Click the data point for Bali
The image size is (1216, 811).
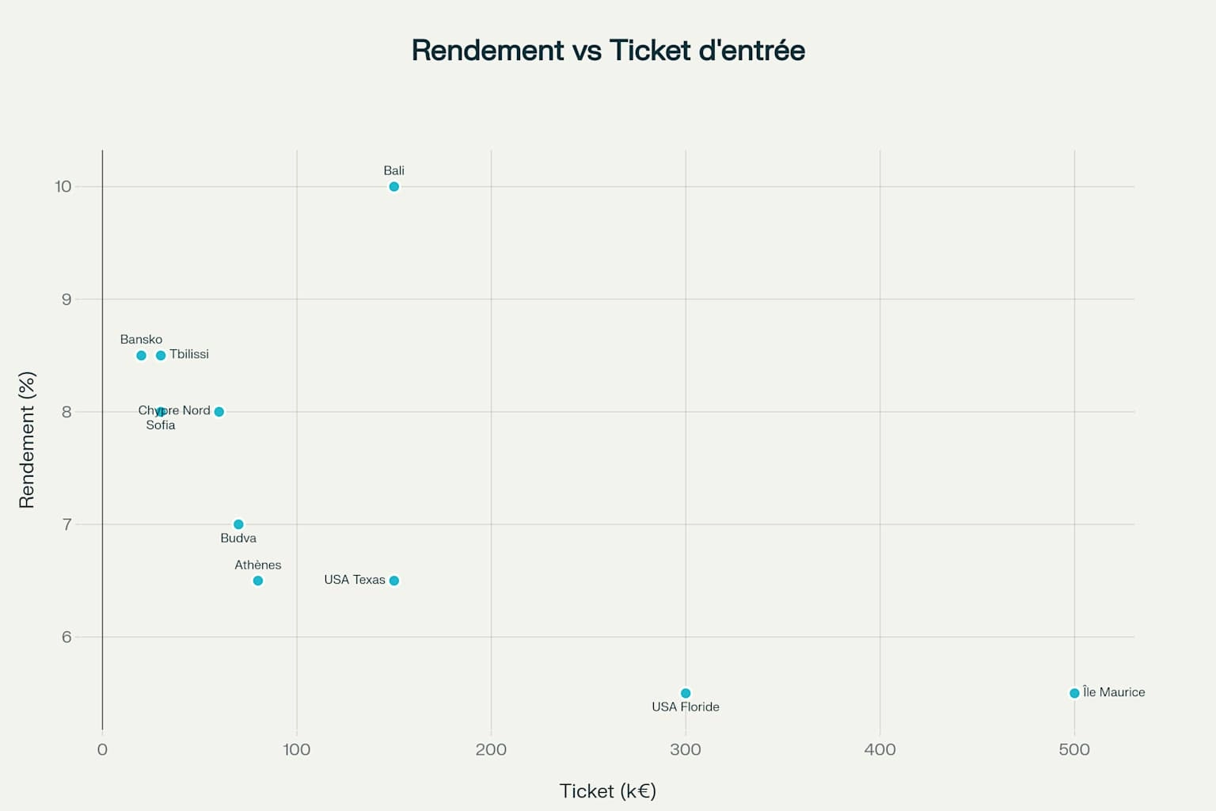393,187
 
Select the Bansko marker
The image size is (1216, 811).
141,356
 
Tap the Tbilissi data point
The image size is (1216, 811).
161,356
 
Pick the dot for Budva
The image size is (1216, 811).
238,524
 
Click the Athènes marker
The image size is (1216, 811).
257,581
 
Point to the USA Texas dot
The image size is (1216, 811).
393,581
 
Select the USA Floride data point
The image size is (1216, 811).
686,693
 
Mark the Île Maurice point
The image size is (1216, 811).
1074,693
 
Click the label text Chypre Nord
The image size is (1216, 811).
174,410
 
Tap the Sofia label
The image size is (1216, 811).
161,425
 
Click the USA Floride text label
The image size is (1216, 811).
686,707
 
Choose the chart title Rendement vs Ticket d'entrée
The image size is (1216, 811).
608,51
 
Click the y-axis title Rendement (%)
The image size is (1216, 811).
27,440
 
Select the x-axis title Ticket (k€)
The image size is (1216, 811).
608,791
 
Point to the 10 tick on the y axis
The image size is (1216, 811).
63,187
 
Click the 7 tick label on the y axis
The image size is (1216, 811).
66,524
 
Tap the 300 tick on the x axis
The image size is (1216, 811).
686,750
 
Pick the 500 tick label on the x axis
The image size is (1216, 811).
1074,750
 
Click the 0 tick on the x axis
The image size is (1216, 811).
102,750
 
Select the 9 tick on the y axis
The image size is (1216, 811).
66,299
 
